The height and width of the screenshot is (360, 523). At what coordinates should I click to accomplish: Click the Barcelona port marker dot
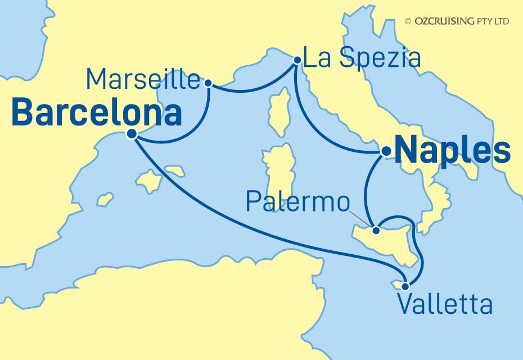click(x=132, y=134)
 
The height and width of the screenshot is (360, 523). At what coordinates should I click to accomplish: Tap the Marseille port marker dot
click(x=209, y=83)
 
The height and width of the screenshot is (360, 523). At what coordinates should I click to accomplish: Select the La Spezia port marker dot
click(x=296, y=59)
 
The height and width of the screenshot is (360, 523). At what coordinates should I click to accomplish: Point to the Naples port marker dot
click(x=386, y=151)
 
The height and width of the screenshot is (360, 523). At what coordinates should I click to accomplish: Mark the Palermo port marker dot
click(x=377, y=229)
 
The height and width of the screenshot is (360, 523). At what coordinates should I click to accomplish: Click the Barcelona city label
click(x=96, y=113)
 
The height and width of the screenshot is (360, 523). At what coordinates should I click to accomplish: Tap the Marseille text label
click(x=143, y=80)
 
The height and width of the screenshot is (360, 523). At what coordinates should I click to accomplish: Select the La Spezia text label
click(x=361, y=57)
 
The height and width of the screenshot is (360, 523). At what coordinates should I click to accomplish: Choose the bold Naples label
click(x=453, y=151)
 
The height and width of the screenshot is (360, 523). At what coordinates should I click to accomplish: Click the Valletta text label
click(x=444, y=305)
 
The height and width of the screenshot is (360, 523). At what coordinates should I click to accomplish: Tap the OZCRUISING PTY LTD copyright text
click(x=457, y=21)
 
